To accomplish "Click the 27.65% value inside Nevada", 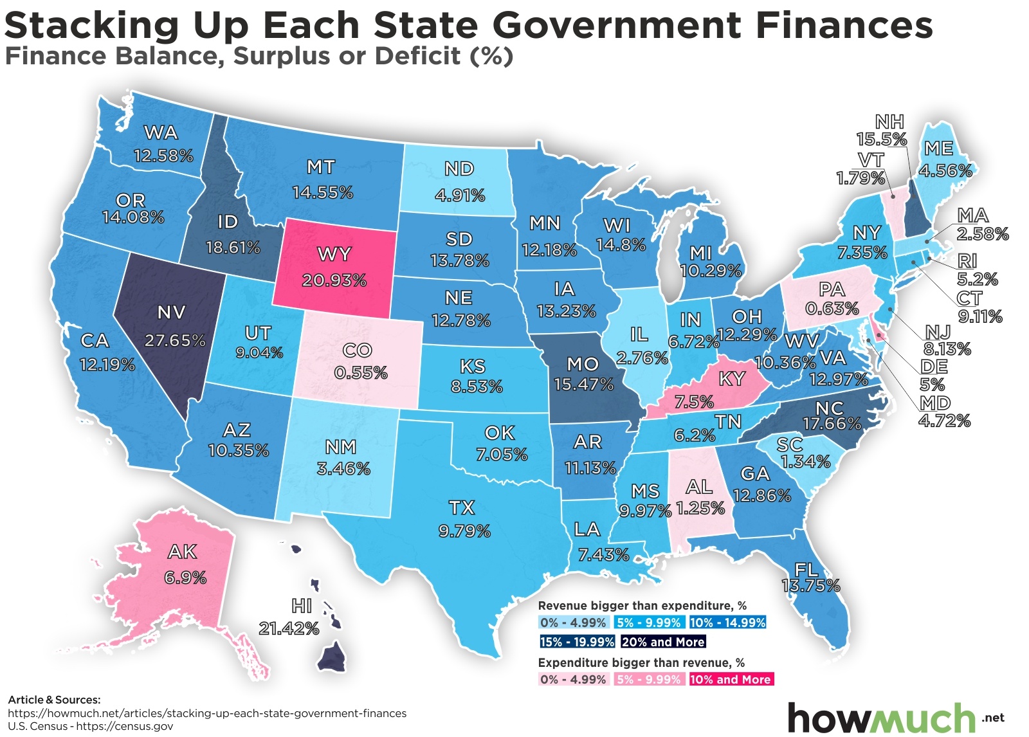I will [x=175, y=340].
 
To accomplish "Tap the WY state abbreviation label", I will [x=334, y=255].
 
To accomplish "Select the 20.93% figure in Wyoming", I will [x=334, y=280].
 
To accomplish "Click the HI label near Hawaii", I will [x=302, y=606].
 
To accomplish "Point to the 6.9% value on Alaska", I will [x=185, y=578].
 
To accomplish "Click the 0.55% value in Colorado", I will [x=361, y=373].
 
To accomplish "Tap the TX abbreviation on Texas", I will [x=462, y=508].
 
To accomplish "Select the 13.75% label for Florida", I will [x=810, y=586].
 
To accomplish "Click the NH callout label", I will [x=889, y=122].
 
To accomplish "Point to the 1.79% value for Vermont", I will [x=861, y=178].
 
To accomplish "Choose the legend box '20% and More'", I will [x=663, y=642].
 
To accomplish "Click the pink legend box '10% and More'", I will [x=730, y=680].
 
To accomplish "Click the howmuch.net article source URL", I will [x=207, y=713].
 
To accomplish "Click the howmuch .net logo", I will [x=894, y=717].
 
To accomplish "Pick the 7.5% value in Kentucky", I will [x=694, y=403].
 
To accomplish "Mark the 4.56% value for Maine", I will [x=945, y=171].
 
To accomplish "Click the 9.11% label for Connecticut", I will [x=980, y=316].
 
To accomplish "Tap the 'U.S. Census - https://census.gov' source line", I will [x=91, y=727].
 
